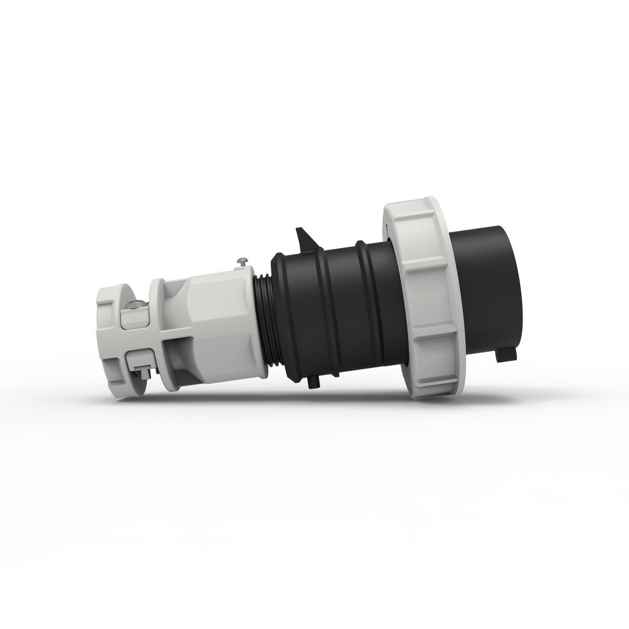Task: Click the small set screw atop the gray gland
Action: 242,260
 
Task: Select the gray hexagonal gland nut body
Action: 220,314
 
